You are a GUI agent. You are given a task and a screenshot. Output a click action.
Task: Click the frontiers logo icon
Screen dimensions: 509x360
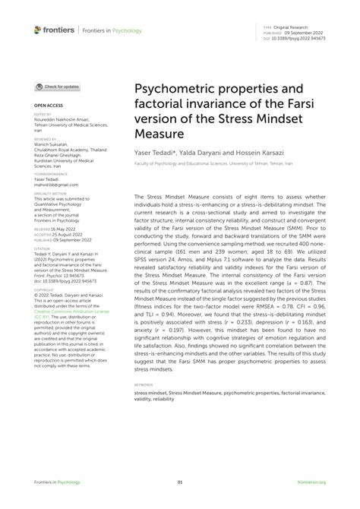[38, 30]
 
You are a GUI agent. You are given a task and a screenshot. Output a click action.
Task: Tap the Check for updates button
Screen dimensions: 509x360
[57, 87]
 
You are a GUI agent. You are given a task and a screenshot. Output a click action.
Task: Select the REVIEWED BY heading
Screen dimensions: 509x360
[45, 139]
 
